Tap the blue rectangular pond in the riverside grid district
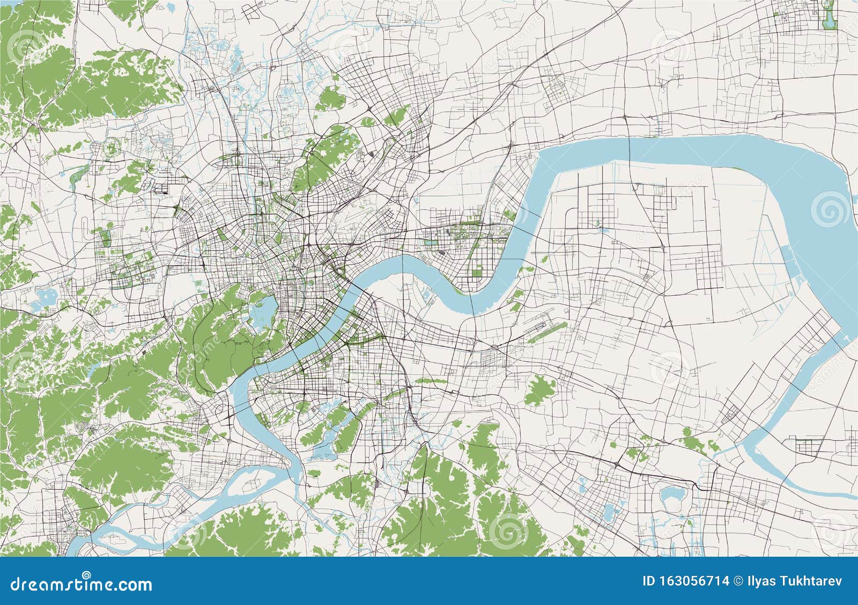pyautogui.click(x=441, y=250)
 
